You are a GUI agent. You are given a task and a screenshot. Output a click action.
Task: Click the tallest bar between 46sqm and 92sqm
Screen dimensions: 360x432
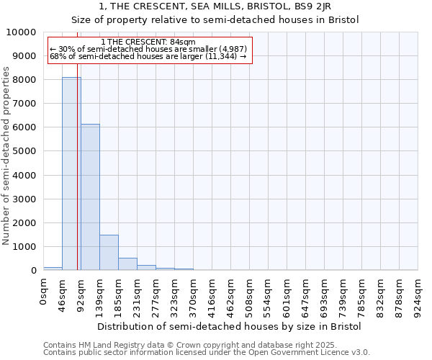pyautogui.click(x=71, y=174)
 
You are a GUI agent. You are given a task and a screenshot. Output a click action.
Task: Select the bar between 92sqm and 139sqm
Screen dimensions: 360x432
pyautogui.click(x=90, y=197)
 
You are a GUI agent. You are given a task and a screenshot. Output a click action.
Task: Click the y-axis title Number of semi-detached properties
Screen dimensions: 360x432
pyautogui.click(x=7, y=156)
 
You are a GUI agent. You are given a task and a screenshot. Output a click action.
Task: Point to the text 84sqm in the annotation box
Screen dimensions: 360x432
pyautogui.click(x=179, y=42)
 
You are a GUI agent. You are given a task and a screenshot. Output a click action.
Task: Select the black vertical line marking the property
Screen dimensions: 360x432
pyautogui.click(x=77, y=180)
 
